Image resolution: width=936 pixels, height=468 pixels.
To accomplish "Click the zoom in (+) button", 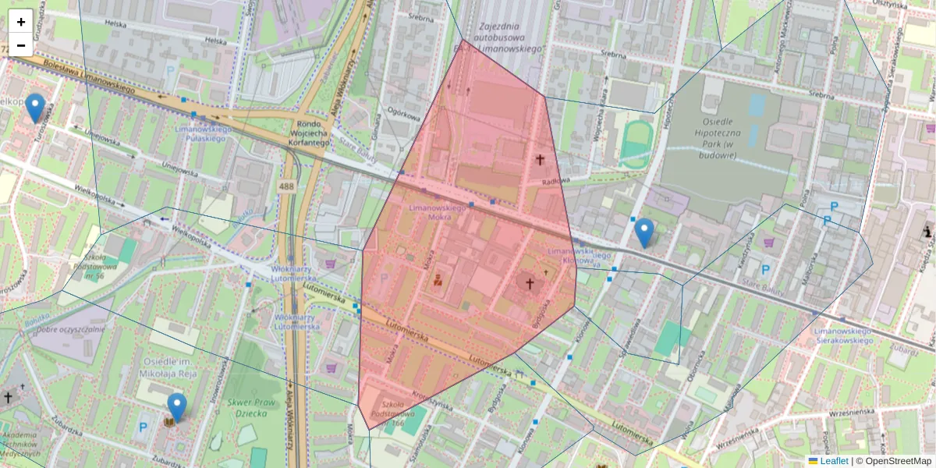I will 20,21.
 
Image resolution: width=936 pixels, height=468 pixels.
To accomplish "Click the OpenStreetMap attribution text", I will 898,461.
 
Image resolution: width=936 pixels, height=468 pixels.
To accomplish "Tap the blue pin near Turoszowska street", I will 35,108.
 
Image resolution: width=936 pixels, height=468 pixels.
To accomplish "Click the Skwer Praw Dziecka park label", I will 247,408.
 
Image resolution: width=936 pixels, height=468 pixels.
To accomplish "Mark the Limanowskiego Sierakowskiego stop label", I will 842,335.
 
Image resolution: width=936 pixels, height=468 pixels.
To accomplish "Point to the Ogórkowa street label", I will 404,112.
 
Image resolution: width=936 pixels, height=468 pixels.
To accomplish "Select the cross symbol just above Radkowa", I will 540,160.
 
